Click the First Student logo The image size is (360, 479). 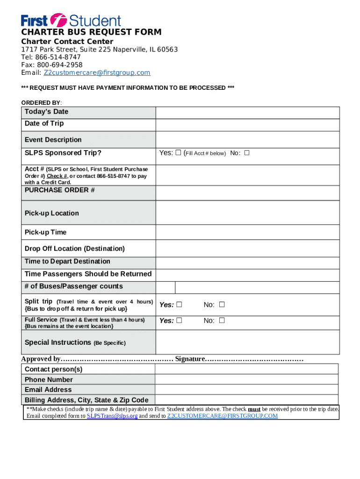point(71,20)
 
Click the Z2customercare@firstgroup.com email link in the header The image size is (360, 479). point(97,73)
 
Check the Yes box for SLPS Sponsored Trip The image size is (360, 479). point(178,153)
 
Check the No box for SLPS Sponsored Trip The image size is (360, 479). point(246,153)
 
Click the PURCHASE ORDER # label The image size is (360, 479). point(60,190)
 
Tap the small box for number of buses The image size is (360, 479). point(166,287)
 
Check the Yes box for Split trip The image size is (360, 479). point(178,305)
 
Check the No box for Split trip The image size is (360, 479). point(222,305)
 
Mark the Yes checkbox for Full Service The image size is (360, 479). point(178,321)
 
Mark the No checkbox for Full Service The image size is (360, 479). point(222,321)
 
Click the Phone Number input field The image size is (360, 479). point(246,379)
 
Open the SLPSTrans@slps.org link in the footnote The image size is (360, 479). point(112,416)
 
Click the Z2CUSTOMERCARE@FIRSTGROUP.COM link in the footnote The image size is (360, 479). point(222,416)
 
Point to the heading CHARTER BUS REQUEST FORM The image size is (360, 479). point(92,32)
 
